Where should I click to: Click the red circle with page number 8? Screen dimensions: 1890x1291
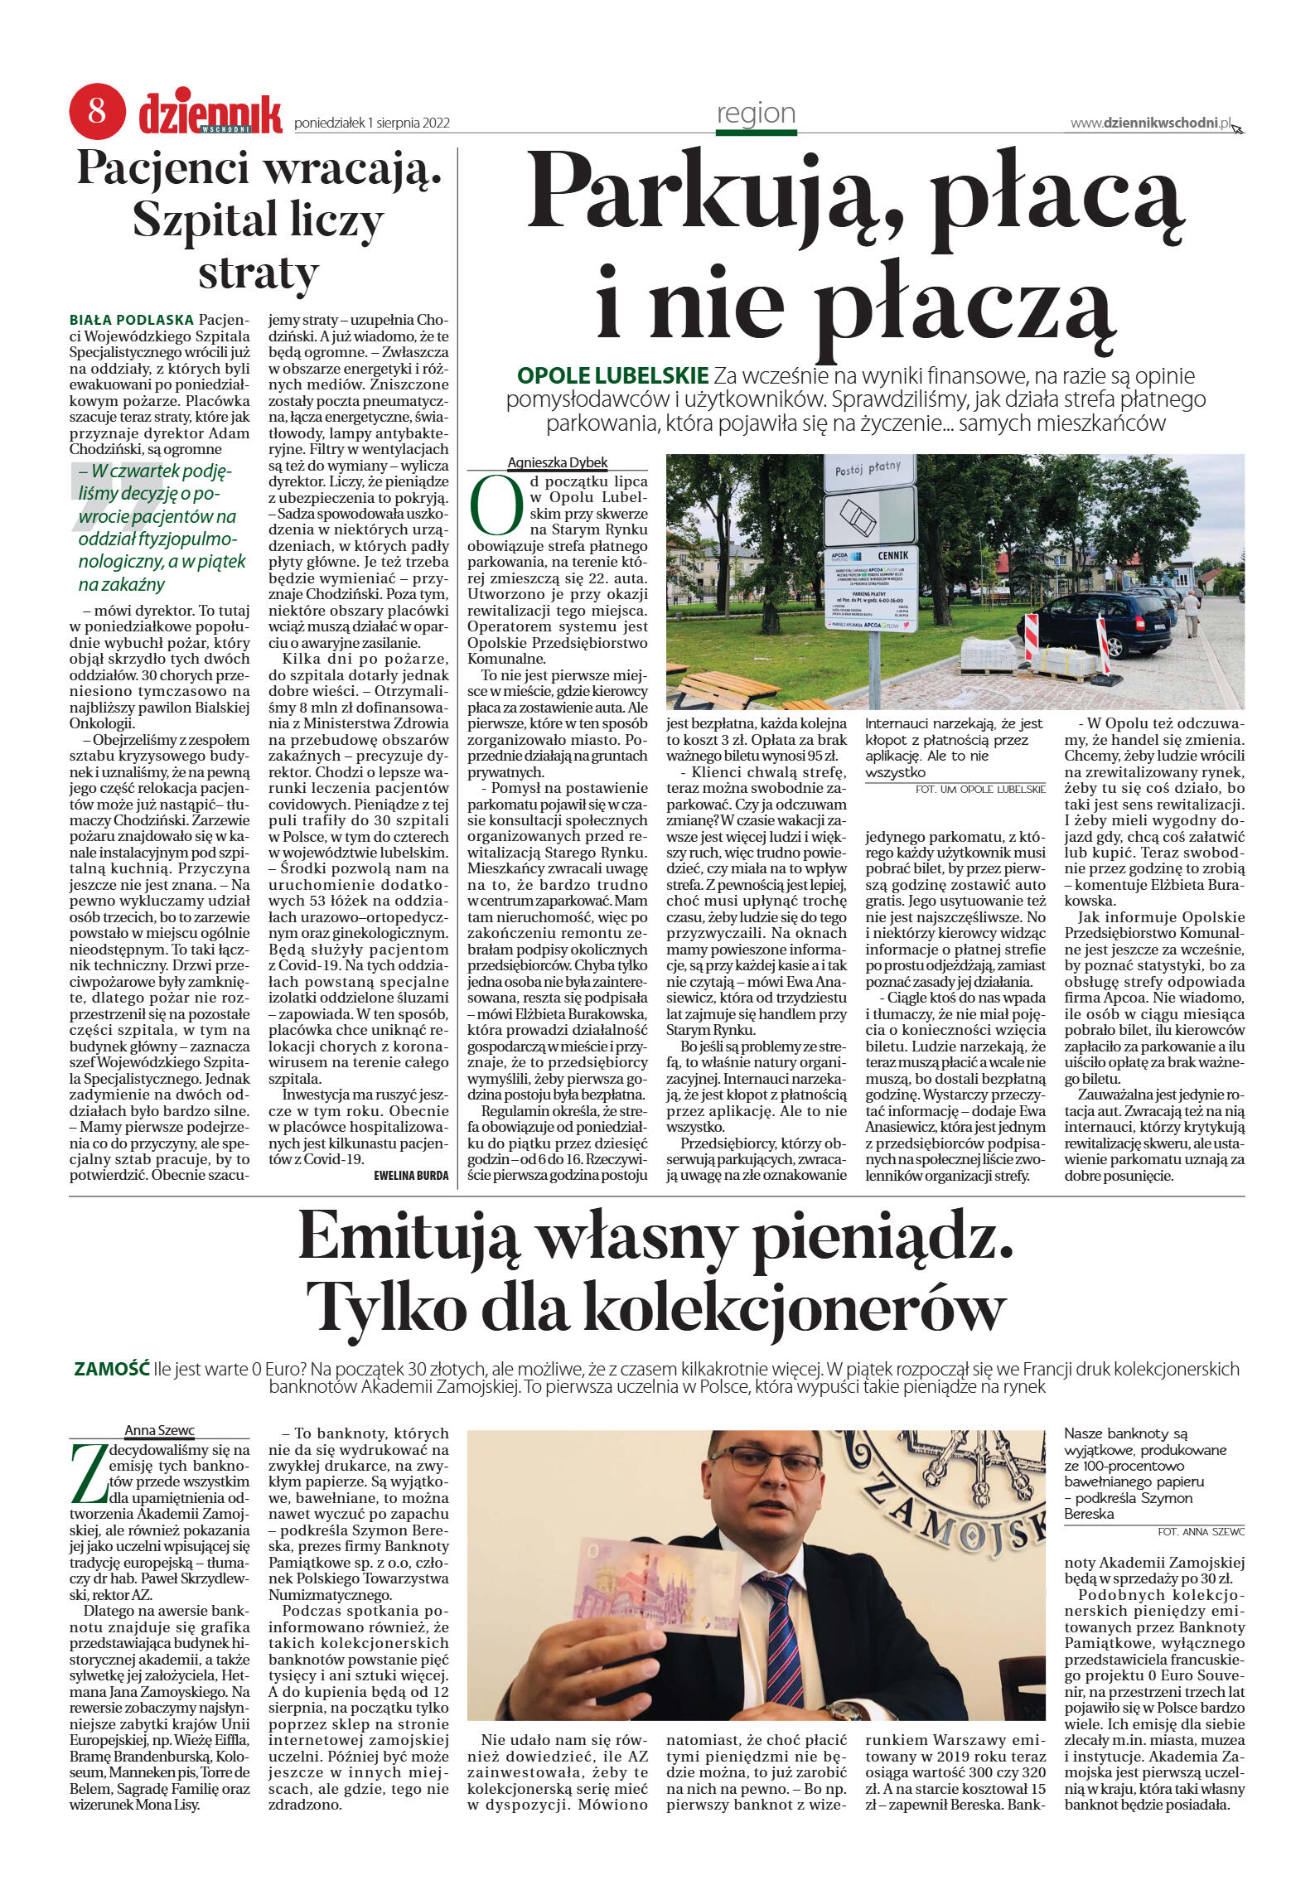pos(97,110)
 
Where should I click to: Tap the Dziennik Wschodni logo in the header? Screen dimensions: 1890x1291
pos(210,113)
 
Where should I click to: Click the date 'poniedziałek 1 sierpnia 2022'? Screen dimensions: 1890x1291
pos(372,123)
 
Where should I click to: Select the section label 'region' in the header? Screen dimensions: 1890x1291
pos(756,114)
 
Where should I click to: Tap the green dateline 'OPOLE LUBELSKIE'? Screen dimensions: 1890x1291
pos(612,375)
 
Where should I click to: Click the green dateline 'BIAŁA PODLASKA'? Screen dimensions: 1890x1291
pos(132,320)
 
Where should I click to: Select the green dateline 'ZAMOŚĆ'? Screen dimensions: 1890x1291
pos(112,1368)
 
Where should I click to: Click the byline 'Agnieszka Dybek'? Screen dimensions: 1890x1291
pos(558,462)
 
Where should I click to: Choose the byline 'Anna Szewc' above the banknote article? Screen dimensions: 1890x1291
pos(159,1430)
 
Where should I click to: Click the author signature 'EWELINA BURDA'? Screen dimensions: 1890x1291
pos(411,1175)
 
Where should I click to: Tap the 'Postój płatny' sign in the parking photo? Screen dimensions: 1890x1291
pos(868,470)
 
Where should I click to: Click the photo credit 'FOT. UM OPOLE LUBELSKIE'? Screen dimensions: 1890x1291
pos(980,789)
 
